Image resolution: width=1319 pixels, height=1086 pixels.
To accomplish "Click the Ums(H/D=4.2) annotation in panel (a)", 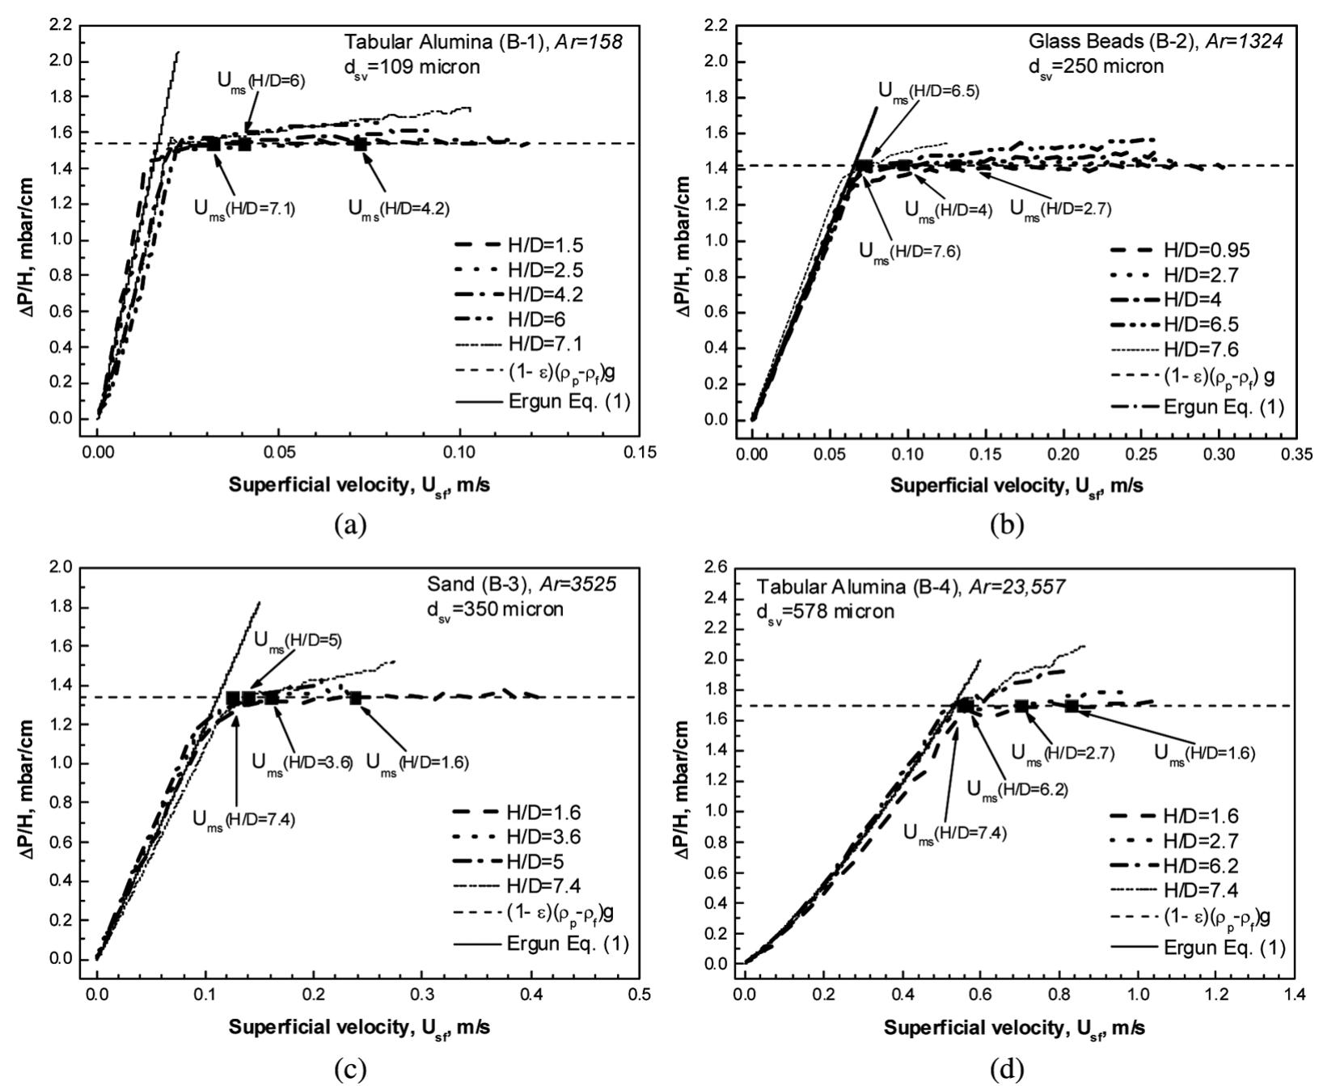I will pyautogui.click(x=399, y=208).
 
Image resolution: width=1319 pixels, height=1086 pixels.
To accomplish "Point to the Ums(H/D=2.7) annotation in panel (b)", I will pyautogui.click(x=1060, y=209).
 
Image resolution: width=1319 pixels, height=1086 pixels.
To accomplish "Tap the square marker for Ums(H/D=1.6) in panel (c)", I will pyautogui.click(x=355, y=698).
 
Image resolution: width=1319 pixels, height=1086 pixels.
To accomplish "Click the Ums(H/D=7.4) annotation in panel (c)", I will pyautogui.click(x=243, y=818).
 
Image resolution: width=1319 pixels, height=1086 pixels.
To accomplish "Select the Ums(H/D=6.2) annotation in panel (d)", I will pyautogui.click(x=1017, y=789).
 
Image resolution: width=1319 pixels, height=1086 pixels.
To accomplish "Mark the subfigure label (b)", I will pyautogui.click(x=1006, y=525).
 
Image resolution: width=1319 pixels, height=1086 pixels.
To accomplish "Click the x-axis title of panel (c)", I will pyautogui.click(x=358, y=1028).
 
